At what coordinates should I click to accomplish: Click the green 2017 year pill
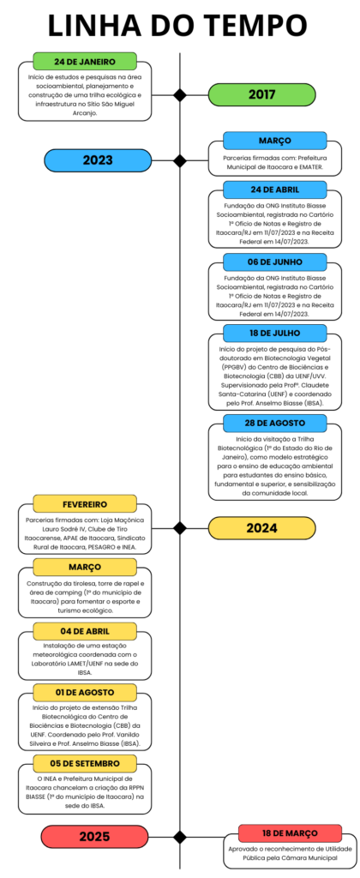click(262, 94)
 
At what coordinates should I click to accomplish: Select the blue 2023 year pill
click(98, 160)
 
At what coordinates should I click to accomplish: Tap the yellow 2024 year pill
click(262, 527)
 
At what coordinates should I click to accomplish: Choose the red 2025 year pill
click(94, 837)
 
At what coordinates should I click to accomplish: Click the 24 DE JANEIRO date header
click(85, 62)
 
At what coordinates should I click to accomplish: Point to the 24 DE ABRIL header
click(275, 189)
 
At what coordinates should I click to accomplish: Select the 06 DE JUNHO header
click(275, 262)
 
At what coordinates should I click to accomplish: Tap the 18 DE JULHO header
click(275, 333)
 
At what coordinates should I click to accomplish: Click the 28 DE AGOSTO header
click(275, 423)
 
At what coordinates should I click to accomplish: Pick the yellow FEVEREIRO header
click(85, 503)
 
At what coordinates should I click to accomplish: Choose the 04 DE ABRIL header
click(85, 631)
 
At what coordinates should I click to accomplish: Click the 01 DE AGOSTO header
click(85, 692)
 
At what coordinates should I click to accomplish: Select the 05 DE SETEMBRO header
click(85, 762)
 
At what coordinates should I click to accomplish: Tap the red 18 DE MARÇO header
click(290, 833)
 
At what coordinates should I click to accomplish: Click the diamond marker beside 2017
click(180, 94)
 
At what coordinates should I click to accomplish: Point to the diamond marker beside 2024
click(180, 527)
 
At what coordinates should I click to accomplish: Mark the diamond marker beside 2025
click(180, 837)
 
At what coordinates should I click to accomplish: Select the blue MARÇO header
click(275, 141)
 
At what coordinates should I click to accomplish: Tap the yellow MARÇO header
click(85, 567)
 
